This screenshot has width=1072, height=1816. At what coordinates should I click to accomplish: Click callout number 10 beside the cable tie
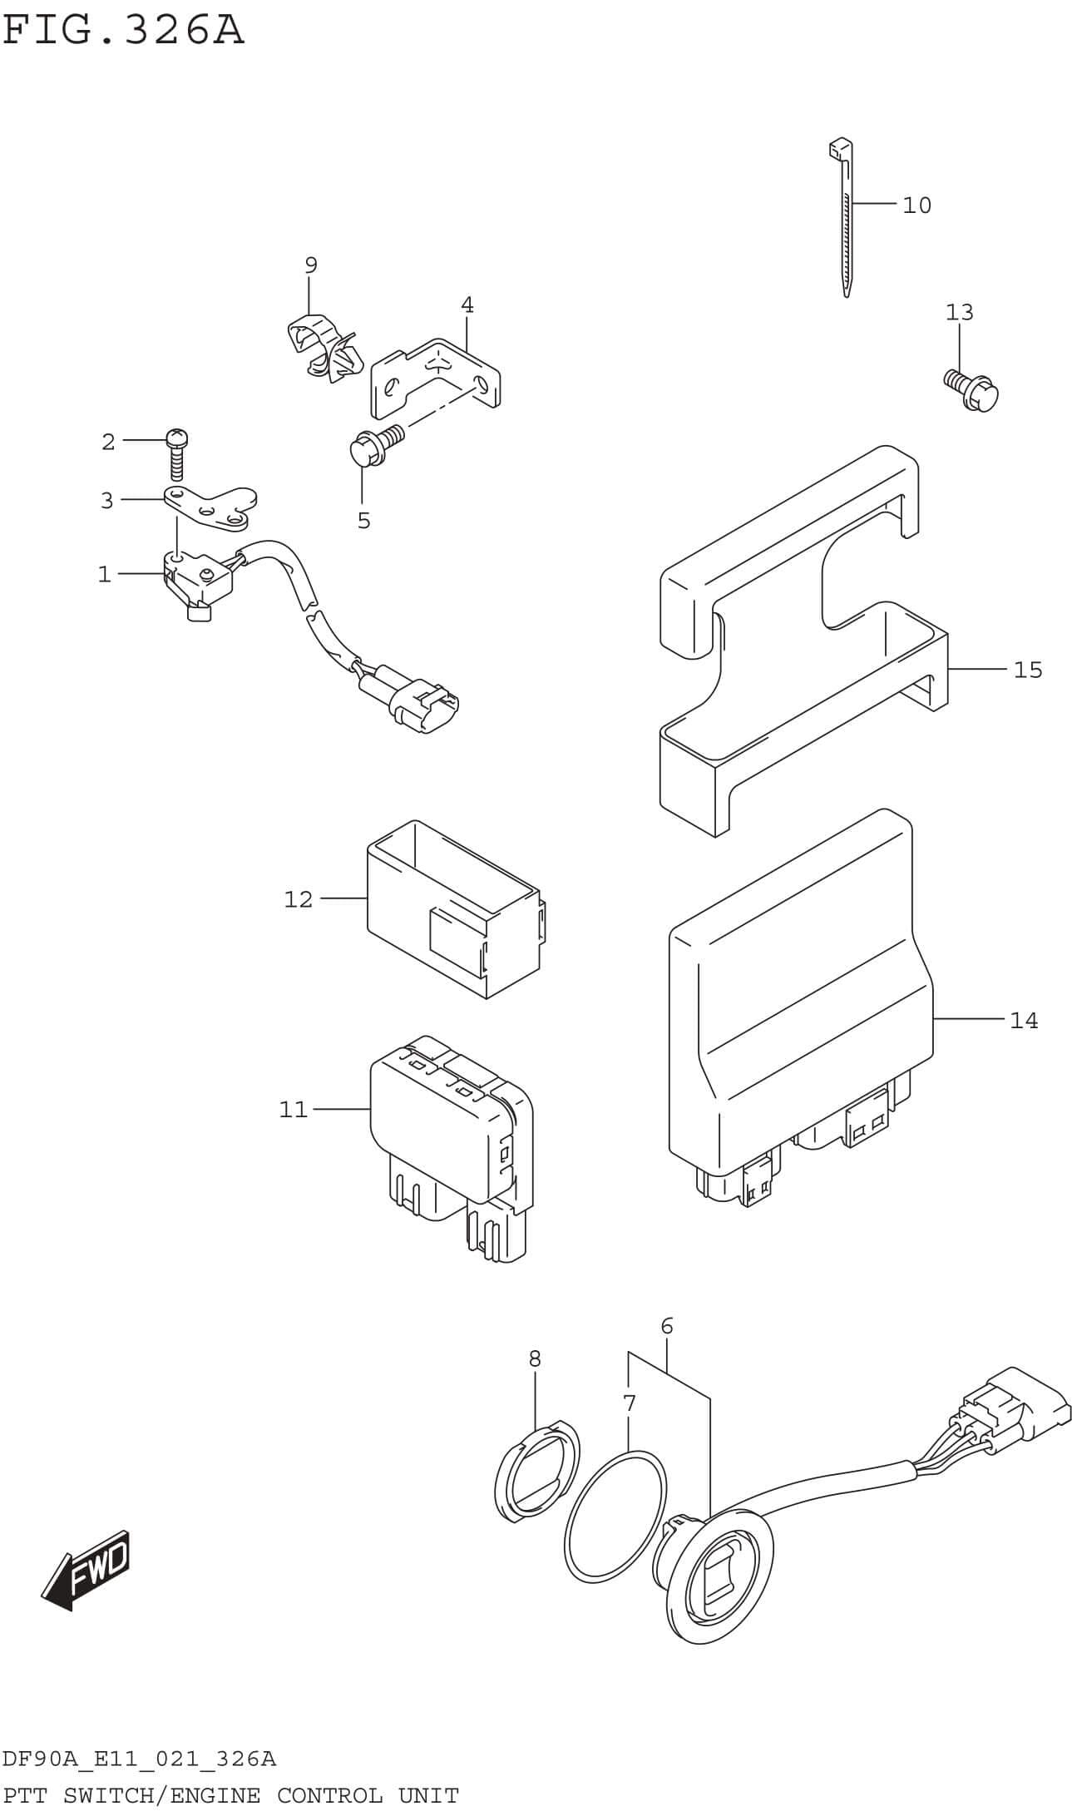coord(916,205)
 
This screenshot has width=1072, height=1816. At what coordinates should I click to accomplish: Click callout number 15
coord(1027,670)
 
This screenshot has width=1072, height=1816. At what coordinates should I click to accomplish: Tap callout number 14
coord(1024,1020)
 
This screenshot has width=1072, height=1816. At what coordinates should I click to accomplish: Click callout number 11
coord(293,1110)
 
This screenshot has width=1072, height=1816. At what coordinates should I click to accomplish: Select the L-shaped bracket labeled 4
coord(437,379)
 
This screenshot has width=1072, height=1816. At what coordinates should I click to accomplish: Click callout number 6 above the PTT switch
coord(666,1326)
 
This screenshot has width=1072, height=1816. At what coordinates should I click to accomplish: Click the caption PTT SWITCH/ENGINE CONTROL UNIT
coord(230,1796)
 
